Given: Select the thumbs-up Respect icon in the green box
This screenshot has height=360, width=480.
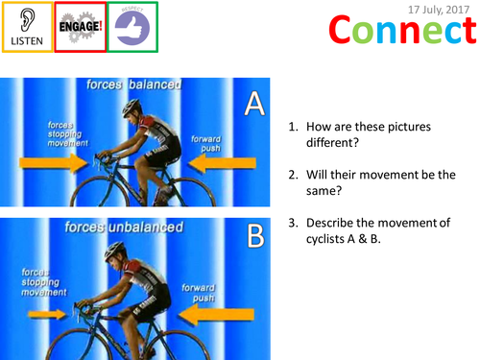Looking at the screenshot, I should tap(131, 24).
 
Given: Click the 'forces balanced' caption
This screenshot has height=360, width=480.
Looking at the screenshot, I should tap(144, 84).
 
